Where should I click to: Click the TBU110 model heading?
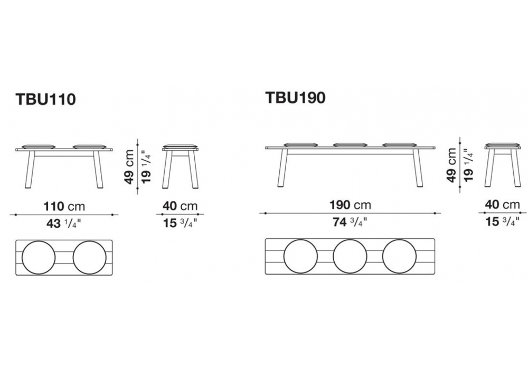click(x=46, y=100)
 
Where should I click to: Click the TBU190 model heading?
click(x=295, y=98)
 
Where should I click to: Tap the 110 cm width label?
click(x=64, y=206)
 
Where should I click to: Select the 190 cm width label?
click(x=350, y=205)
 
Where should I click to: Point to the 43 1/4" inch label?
click(x=64, y=223)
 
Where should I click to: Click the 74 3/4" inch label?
click(x=350, y=222)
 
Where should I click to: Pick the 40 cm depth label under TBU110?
click(x=180, y=206)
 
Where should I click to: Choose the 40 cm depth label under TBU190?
click(x=503, y=205)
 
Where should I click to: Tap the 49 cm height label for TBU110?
click(x=129, y=167)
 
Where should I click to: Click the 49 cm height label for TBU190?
click(x=451, y=166)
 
